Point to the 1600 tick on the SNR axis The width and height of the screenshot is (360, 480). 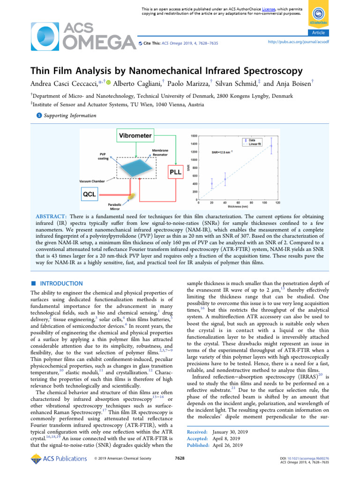pos(193,135)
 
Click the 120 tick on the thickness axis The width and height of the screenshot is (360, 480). pos(277,203)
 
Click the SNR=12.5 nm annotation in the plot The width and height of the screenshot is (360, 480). pos(222,152)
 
